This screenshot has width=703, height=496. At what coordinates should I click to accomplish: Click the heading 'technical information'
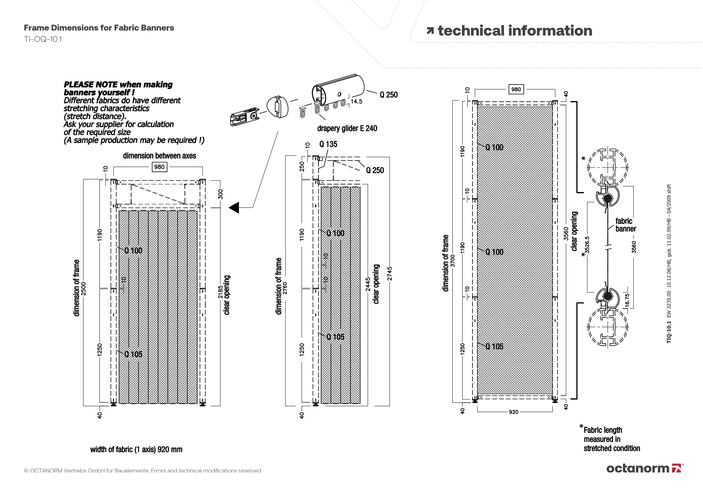(515, 31)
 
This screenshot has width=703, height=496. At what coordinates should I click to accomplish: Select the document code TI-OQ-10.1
(43, 39)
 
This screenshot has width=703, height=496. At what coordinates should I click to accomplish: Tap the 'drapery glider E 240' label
(347, 128)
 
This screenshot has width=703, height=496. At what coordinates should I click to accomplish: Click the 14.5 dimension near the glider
(356, 101)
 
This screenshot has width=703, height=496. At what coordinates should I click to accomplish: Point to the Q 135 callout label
(328, 144)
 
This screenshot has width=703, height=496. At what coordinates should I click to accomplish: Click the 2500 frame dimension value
(84, 289)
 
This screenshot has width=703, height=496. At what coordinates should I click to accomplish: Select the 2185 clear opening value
(220, 292)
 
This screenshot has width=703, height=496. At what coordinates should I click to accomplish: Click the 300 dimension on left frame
(221, 194)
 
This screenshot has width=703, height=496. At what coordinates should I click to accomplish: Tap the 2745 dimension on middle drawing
(390, 274)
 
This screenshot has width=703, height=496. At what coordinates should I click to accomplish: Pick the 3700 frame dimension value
(453, 261)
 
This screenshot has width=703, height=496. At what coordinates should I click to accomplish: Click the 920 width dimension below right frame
(514, 412)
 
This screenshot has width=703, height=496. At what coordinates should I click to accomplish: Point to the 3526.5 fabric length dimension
(587, 245)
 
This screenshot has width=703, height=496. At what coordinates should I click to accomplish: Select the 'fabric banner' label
(625, 225)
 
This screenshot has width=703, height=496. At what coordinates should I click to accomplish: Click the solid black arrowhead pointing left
(234, 207)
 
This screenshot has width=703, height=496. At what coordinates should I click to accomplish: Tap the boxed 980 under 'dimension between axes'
(159, 167)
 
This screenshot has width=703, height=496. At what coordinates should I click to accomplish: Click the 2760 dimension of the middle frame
(285, 288)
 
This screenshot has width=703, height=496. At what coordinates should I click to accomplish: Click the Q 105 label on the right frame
(494, 346)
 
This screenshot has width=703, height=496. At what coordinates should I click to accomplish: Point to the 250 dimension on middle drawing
(302, 166)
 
